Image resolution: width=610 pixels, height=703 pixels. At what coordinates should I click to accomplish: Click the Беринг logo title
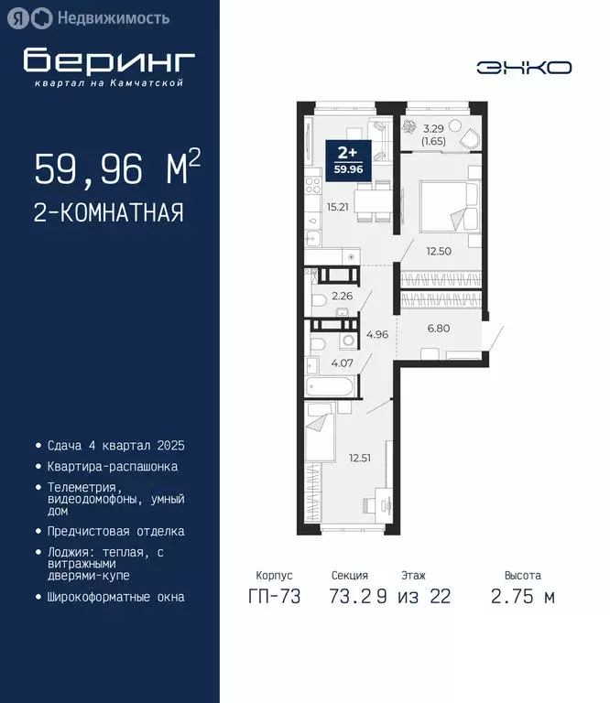109,61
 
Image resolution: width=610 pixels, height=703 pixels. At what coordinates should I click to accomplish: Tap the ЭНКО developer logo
524,67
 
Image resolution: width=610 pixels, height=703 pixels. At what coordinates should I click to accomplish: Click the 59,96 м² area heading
117,169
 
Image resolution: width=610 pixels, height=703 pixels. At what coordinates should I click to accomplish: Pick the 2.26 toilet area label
343,296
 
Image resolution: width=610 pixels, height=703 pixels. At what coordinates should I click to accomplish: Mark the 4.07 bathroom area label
343,362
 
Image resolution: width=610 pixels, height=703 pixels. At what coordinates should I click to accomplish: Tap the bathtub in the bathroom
328,388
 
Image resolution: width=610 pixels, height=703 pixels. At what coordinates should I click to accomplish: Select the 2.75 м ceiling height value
522,597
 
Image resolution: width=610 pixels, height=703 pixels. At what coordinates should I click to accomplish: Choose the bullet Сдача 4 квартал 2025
116,446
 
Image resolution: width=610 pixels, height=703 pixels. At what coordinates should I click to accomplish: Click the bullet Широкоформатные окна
115,597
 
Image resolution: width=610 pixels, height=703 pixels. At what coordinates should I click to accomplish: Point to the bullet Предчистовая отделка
115,531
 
